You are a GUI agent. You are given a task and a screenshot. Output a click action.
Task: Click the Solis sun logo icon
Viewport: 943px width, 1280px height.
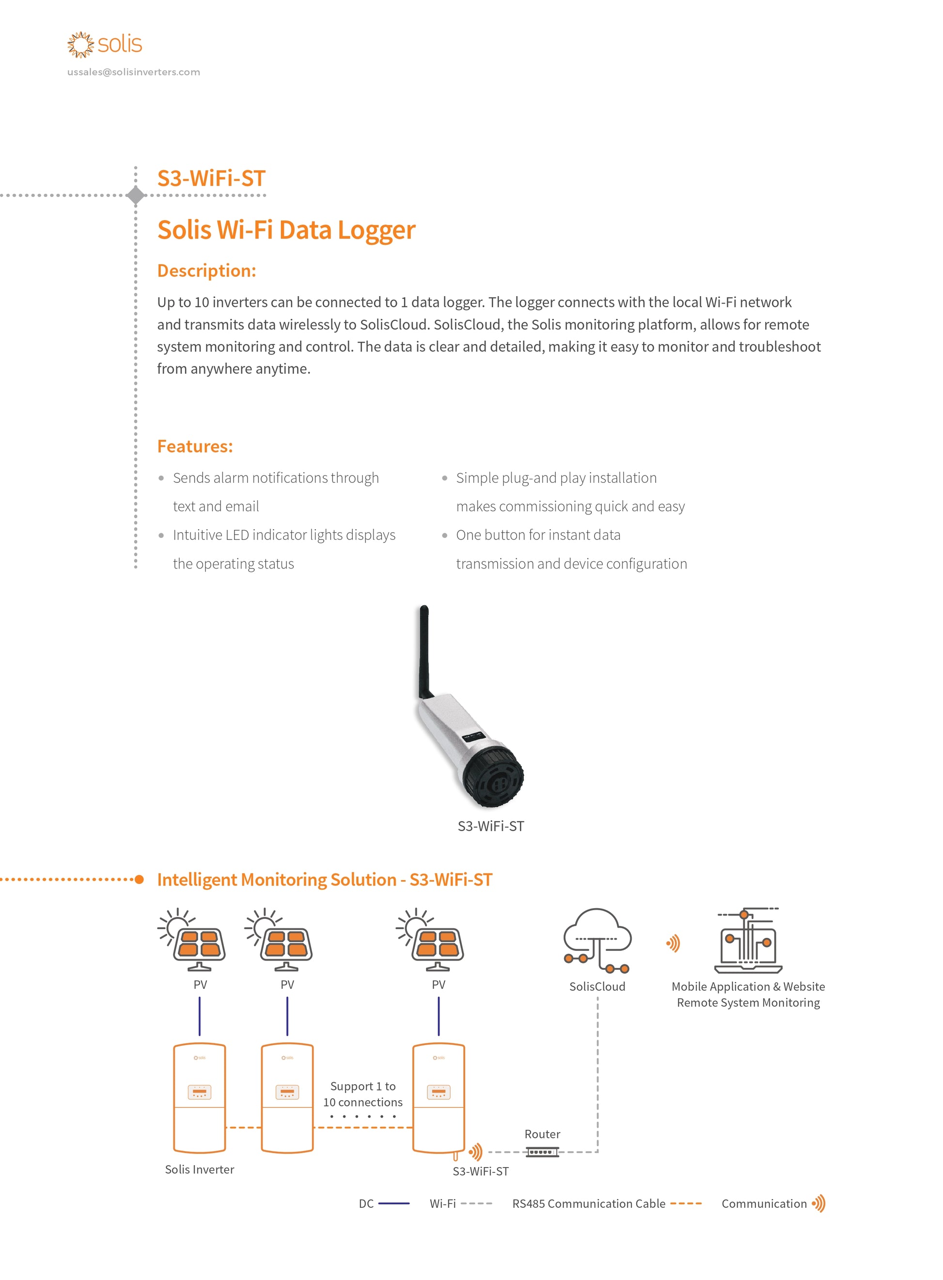coord(80,45)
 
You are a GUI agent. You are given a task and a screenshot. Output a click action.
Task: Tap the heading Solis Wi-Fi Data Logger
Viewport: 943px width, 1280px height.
coord(286,230)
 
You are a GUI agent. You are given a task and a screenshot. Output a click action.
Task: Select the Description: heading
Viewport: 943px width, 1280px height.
coord(206,270)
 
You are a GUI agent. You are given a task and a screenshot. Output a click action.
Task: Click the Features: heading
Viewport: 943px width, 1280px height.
coord(195,446)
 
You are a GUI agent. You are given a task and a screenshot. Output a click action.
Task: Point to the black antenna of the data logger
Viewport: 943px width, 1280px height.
coord(424,651)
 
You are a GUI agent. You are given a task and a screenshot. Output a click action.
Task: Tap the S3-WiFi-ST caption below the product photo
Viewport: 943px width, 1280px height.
coord(490,826)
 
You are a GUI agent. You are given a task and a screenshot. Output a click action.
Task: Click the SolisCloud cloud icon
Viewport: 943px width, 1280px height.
coord(597,939)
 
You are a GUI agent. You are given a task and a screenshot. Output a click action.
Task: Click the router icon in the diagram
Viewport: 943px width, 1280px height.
coord(542,1152)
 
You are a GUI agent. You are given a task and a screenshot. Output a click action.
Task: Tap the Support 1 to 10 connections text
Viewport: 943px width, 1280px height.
coord(362,1094)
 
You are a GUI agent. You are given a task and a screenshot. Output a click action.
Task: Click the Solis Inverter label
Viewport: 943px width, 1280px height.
coord(199,1169)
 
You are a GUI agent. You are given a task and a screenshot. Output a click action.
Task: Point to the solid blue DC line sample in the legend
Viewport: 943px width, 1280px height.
coord(394,1203)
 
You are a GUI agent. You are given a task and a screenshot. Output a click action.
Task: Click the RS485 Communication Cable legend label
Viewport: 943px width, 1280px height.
coord(588,1203)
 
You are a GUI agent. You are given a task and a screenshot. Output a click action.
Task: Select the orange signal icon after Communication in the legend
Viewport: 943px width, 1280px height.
coord(818,1203)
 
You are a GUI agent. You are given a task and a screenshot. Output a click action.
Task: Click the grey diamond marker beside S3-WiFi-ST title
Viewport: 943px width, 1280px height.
coord(136,195)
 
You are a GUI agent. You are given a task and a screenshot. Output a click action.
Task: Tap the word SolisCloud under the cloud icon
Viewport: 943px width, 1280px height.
coord(597,987)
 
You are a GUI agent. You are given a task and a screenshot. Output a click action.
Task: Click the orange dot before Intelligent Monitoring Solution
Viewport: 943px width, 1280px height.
coord(139,879)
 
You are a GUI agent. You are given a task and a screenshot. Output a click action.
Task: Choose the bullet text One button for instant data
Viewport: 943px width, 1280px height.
coord(538,535)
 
